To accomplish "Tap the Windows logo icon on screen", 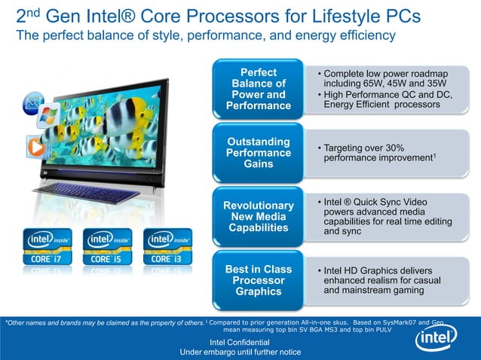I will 48,114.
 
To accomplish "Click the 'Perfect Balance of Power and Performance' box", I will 259,90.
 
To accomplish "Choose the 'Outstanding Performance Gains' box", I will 259,153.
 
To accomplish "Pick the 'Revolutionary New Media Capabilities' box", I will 259,217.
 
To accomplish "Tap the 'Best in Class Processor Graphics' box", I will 259,280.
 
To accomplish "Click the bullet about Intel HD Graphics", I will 376,280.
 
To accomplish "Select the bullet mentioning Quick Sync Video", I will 376,217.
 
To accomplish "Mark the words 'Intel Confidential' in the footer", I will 240,343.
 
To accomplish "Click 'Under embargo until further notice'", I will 240,352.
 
